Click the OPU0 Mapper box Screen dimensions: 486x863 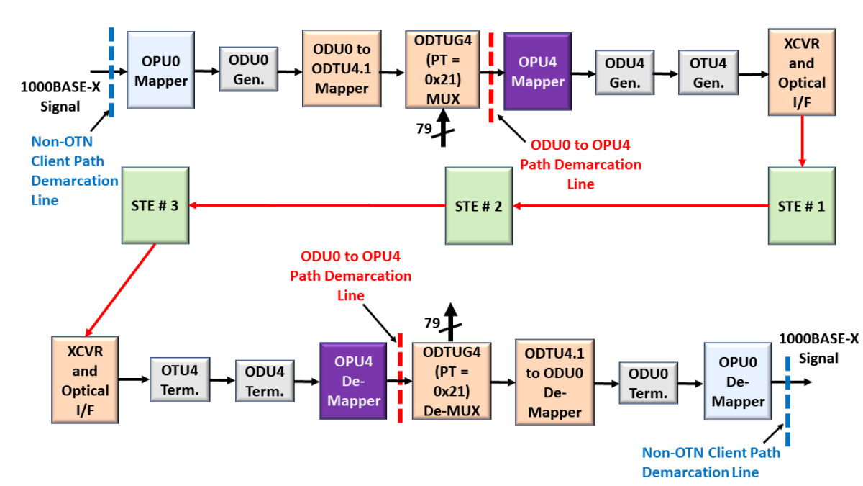(160, 70)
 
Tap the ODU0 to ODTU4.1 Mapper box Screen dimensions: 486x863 (342, 69)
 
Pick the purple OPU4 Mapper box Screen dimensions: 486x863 (537, 70)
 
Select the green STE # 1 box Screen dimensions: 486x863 (801, 206)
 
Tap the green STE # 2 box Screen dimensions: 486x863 (478, 206)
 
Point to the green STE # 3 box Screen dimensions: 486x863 (155, 206)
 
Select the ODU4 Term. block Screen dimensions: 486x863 (265, 381)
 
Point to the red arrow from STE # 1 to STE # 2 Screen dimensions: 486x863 (640, 207)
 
